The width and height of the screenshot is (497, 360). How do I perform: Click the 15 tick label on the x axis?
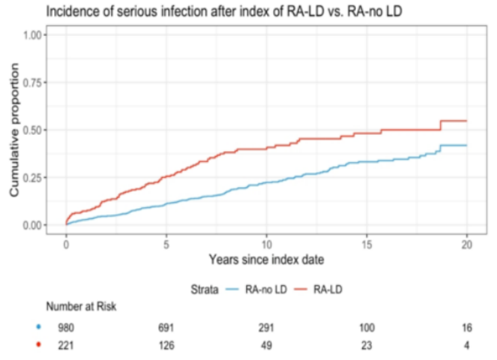(x=367, y=244)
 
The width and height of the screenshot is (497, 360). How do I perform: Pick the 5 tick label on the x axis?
(x=167, y=244)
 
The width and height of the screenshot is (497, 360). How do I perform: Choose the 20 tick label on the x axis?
(x=467, y=244)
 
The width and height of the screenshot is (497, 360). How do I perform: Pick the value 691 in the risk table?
(x=167, y=327)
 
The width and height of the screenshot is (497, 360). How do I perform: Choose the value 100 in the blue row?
(x=366, y=327)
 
